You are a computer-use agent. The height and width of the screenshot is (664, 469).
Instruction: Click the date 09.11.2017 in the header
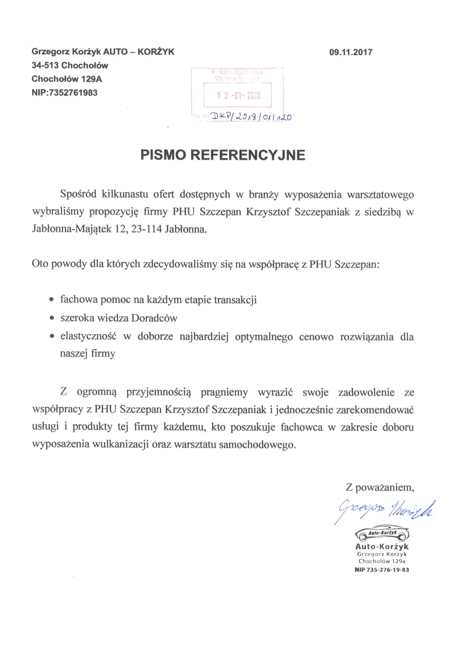coord(350,52)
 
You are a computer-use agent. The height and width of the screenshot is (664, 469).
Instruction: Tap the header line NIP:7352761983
coord(64,93)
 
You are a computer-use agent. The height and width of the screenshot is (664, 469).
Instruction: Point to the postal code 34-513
coord(45,65)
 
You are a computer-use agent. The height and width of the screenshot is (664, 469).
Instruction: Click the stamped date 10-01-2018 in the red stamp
coord(238,95)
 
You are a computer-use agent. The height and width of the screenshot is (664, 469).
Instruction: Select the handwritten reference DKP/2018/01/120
coord(251,117)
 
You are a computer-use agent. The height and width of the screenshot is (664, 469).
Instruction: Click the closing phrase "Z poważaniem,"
coord(380,488)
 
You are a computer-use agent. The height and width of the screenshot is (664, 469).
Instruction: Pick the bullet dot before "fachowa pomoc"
coord(52,299)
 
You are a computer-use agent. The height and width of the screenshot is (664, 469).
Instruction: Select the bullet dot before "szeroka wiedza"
coord(52,318)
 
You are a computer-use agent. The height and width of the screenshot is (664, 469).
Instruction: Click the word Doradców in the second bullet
coord(154,318)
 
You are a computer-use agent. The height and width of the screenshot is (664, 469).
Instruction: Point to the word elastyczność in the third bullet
coord(88,337)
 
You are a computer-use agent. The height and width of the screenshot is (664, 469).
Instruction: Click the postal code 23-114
coord(146,229)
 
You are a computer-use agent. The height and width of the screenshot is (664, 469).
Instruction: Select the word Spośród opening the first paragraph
coord(78,194)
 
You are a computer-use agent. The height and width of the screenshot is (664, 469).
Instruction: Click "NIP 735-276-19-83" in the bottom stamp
coord(382,570)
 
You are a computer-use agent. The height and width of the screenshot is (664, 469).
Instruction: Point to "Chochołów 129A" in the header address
coord(67,79)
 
